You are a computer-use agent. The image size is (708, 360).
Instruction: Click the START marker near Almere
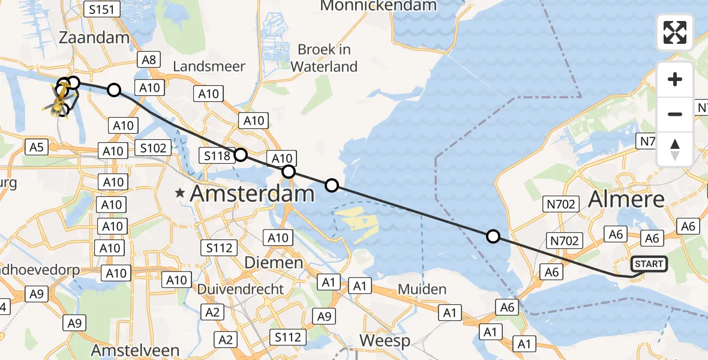pyautogui.click(x=649, y=264)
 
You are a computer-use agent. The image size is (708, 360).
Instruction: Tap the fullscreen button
pyautogui.click(x=675, y=32)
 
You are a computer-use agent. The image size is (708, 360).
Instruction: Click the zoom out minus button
pyautogui.click(x=675, y=114)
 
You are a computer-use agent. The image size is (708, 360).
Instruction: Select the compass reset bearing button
pyautogui.click(x=675, y=149)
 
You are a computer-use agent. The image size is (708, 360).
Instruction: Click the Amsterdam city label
pyautogui.click(x=252, y=194)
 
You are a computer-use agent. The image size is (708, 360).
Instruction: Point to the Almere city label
pyautogui.click(x=626, y=199)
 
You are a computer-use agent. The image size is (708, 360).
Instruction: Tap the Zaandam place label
pyautogui.click(x=94, y=38)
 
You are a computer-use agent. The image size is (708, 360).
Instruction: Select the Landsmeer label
pyautogui.click(x=209, y=66)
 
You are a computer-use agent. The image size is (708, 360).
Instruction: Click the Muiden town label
pyautogui.click(x=422, y=289)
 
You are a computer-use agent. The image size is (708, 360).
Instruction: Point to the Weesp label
pyautogui.click(x=385, y=341)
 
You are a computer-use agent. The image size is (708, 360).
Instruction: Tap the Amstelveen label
pyautogui.click(x=135, y=350)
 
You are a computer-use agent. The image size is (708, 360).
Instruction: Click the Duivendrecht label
pyautogui.click(x=241, y=289)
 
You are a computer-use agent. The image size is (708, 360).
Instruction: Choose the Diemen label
pyautogui.click(x=274, y=263)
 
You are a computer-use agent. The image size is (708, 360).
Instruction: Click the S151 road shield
pyautogui.click(x=103, y=9)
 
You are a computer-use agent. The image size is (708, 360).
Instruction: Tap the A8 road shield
pyautogui.click(x=148, y=59)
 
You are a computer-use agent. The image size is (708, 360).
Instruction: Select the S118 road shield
pyautogui.click(x=215, y=157)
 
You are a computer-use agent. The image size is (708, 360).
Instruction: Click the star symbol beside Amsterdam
pyautogui.click(x=179, y=193)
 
